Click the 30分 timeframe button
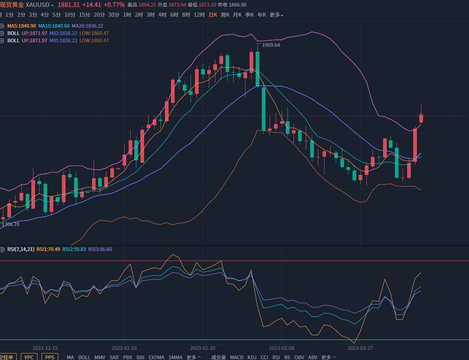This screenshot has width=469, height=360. (114, 15)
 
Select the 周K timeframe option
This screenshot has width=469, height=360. (225, 15)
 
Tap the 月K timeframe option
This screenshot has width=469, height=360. (237, 15)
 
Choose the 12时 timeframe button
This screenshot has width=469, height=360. (199, 15)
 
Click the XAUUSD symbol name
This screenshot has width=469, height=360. (37, 5)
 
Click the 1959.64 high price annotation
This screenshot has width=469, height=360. (271, 45)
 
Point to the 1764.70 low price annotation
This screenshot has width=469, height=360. (11, 224)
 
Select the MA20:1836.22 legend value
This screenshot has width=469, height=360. (87, 26)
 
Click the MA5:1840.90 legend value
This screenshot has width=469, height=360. (22, 26)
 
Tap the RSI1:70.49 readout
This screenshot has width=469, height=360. (48, 249)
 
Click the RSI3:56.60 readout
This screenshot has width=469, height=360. (100, 249)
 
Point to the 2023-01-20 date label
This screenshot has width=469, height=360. (203, 348)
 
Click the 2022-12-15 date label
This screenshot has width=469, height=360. (45, 348)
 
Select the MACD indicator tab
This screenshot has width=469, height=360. (237, 357)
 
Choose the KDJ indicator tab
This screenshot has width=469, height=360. (252, 357)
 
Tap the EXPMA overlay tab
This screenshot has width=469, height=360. (156, 357)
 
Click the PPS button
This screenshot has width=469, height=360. (50, 357)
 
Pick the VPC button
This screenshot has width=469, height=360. (29, 357)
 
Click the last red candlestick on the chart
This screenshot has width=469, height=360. (421, 118)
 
